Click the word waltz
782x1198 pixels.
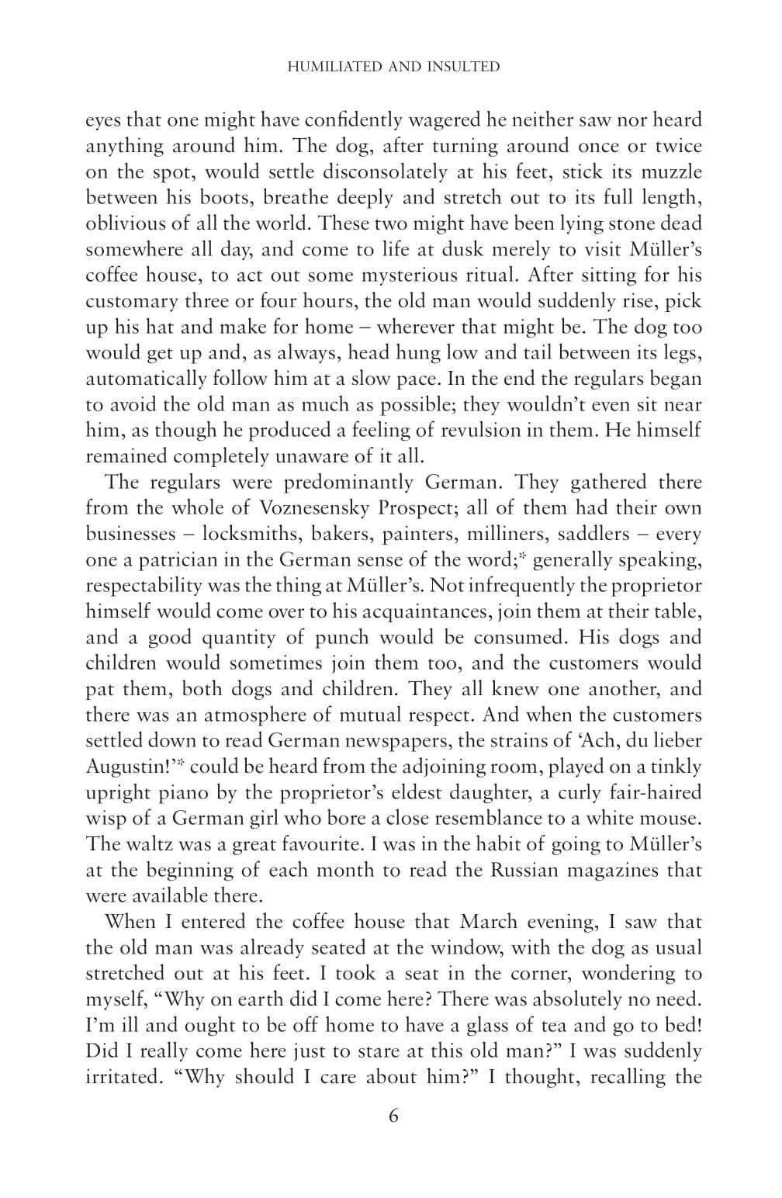[148, 844]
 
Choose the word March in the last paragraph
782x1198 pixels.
[488, 923]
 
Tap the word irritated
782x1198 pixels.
[116, 1078]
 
